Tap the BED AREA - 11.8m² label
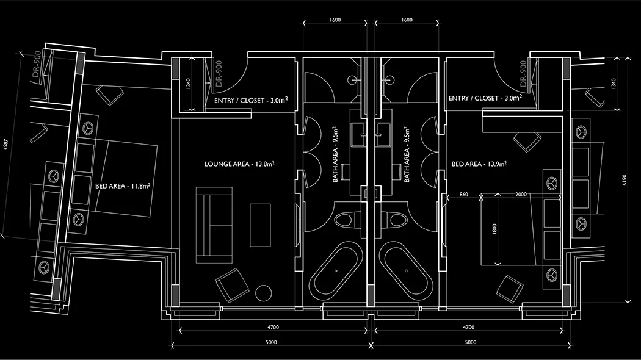tap(123, 187)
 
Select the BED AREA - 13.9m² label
tap(479, 164)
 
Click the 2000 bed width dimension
tap(521, 194)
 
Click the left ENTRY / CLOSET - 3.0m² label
tap(247, 100)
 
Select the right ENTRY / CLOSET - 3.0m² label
tap(485, 98)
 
